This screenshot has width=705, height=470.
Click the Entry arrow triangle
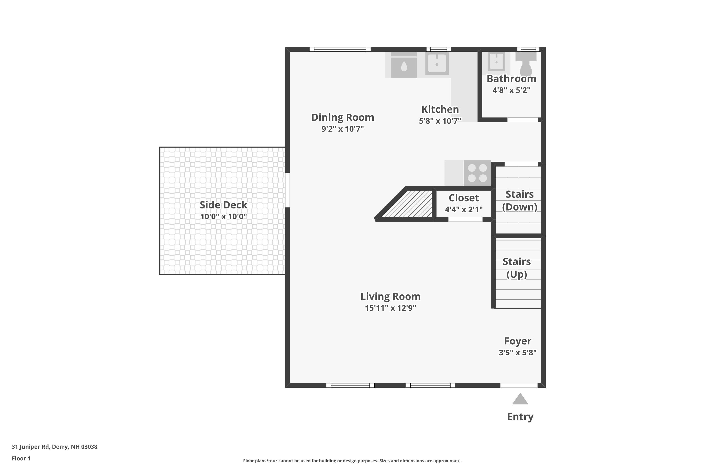click(x=520, y=399)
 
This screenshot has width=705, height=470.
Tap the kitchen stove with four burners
click(x=477, y=173)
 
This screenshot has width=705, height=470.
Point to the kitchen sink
click(x=437, y=63)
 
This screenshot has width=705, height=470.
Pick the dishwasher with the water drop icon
click(x=404, y=65)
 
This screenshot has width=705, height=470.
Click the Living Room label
click(x=390, y=296)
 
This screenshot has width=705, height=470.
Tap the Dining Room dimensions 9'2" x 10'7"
click(x=343, y=129)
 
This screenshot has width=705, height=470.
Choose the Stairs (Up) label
click(x=517, y=268)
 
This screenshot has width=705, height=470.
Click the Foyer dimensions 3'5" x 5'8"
click(x=518, y=352)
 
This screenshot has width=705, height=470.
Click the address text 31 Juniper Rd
click(x=30, y=447)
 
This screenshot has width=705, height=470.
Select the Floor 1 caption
click(x=21, y=458)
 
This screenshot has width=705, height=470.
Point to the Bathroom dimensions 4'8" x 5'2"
click(x=511, y=90)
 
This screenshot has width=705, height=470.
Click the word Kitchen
click(x=440, y=110)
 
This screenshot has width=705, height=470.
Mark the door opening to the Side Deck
click(x=287, y=190)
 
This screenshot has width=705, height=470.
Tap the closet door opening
click(x=465, y=220)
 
